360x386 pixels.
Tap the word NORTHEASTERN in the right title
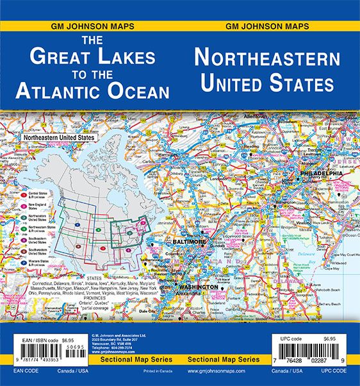[266, 58]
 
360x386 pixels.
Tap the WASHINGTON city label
[199, 287]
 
